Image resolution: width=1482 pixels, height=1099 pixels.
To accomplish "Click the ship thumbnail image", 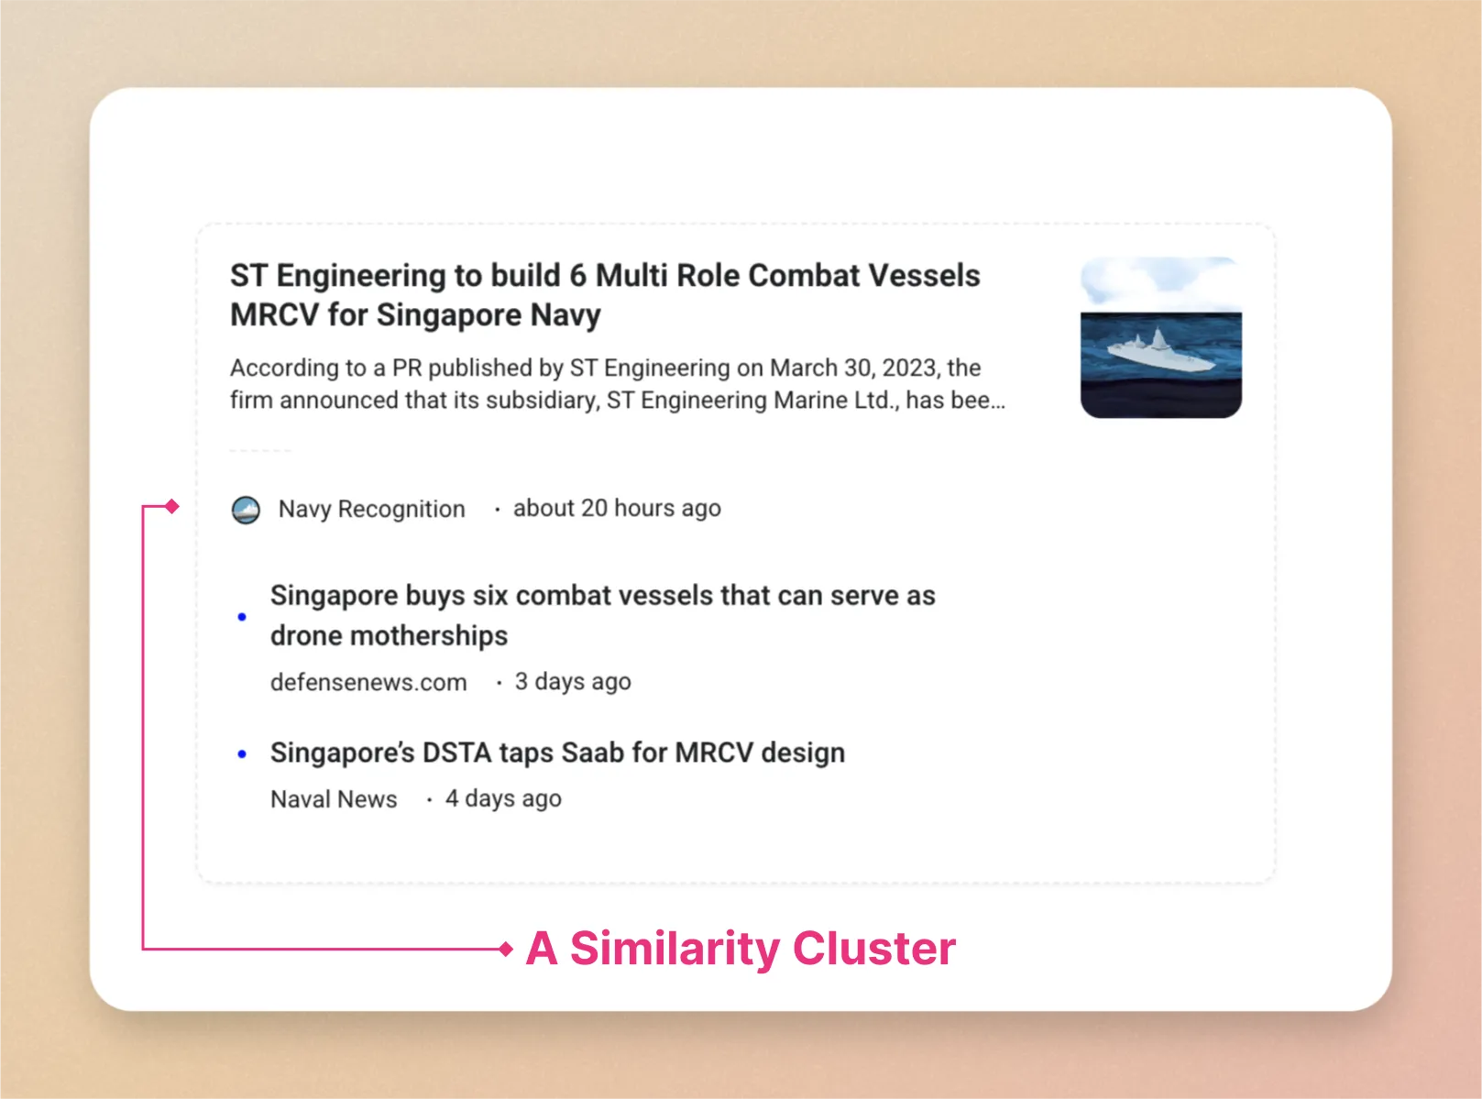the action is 1160,337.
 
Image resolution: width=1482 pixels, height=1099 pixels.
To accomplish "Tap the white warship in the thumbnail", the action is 1160,350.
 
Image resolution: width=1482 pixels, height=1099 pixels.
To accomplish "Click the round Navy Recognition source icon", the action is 246,510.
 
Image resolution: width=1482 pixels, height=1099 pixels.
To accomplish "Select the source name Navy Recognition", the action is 371,510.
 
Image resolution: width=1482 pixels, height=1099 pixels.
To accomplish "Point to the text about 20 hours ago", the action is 617,509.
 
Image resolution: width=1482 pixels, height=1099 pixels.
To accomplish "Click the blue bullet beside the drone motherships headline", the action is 242,616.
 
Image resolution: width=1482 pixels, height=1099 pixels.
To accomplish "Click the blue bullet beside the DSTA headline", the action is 242,754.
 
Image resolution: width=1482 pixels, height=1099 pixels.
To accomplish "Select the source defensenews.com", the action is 368,683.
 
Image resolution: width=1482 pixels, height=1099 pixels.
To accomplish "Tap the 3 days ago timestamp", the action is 573,682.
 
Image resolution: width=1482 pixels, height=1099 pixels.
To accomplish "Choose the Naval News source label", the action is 334,799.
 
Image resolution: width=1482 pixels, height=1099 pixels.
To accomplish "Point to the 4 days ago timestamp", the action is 503,799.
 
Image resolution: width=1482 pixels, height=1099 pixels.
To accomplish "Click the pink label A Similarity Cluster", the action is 741,948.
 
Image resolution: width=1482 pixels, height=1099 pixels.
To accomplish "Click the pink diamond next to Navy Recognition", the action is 171,506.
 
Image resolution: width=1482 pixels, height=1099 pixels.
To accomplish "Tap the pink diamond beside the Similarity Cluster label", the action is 506,949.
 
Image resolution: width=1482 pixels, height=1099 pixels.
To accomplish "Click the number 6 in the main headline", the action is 578,275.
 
